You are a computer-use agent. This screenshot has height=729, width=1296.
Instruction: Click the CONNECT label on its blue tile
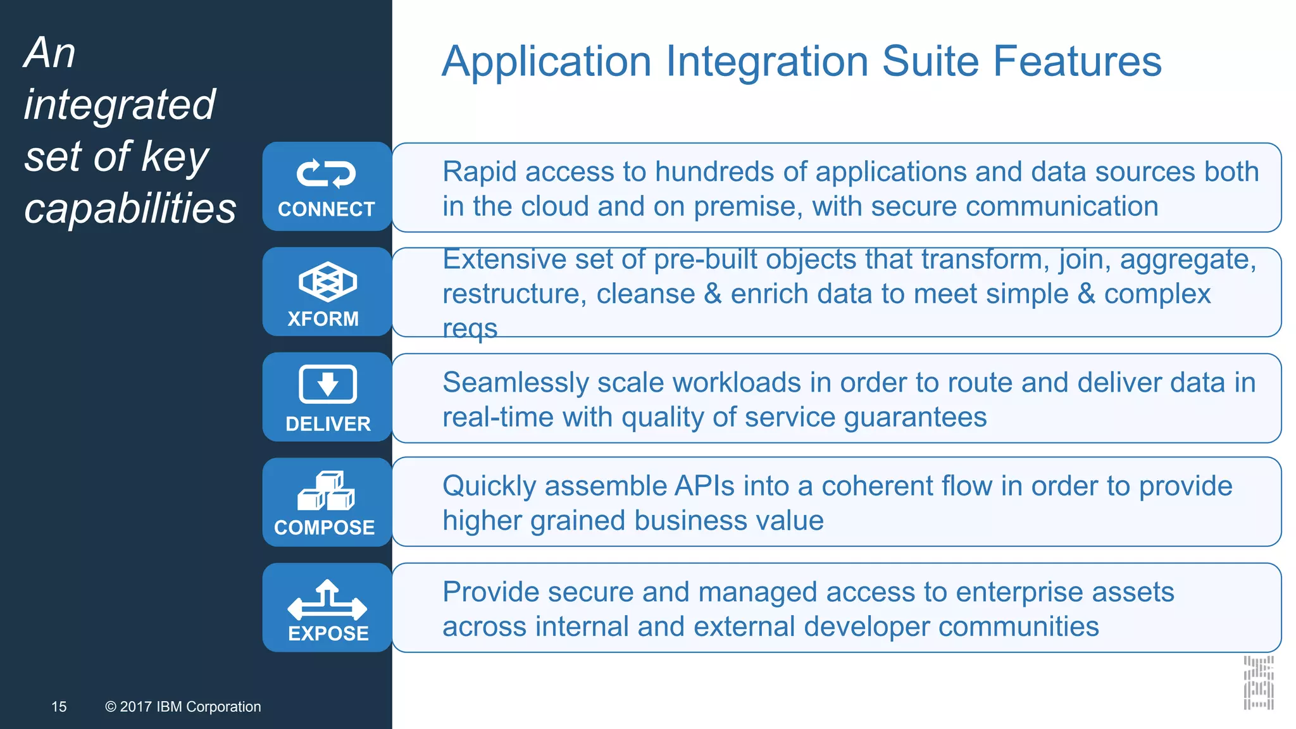327,209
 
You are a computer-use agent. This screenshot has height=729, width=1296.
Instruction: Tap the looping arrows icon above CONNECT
327,173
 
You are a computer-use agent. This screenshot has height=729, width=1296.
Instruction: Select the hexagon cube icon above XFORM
327,282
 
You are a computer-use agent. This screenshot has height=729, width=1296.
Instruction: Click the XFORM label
323,318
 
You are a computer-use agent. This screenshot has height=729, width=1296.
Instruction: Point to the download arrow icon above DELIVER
327,384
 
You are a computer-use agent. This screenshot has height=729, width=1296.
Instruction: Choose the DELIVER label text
328,423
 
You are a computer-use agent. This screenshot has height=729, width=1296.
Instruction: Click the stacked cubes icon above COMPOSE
327,490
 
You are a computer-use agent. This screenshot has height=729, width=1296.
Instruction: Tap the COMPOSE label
325,527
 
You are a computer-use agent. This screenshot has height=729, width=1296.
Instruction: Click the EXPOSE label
328,633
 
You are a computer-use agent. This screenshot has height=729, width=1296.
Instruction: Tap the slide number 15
59,706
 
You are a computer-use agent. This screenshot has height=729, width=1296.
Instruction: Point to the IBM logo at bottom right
1259,683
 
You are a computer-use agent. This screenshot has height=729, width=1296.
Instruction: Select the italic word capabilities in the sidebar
130,208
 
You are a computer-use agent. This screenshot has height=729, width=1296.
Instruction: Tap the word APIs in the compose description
704,486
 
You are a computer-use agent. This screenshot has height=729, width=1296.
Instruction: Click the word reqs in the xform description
470,328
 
